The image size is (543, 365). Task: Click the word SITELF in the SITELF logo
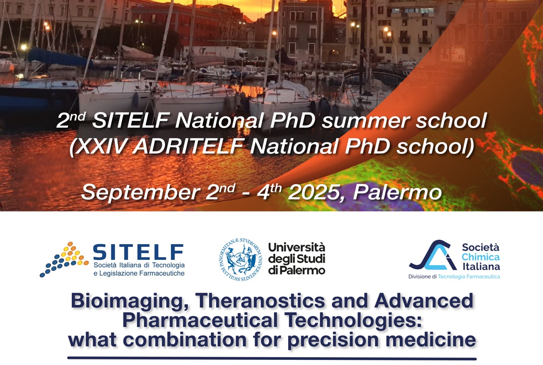pyautogui.click(x=138, y=252)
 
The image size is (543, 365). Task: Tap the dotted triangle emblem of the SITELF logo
pyautogui.click(x=64, y=259)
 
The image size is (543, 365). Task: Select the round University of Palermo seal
pyautogui.click(x=241, y=259)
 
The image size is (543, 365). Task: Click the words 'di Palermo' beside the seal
pyautogui.click(x=297, y=270)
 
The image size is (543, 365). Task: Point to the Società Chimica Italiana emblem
pyautogui.click(x=433, y=255)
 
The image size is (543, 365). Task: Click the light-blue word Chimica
pyautogui.click(x=480, y=257)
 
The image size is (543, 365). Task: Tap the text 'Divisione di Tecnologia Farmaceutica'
pyautogui.click(x=454, y=277)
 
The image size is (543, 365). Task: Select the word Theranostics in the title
pyautogui.click(x=260, y=301)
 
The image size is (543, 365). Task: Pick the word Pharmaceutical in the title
pyautogui.click(x=200, y=320)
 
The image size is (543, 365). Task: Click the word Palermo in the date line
pyautogui.click(x=397, y=192)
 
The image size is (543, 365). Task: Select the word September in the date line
pyautogui.click(x=141, y=192)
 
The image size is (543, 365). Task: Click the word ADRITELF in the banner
pyautogui.click(x=188, y=146)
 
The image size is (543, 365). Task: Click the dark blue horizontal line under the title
pyautogui.click(x=272, y=358)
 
